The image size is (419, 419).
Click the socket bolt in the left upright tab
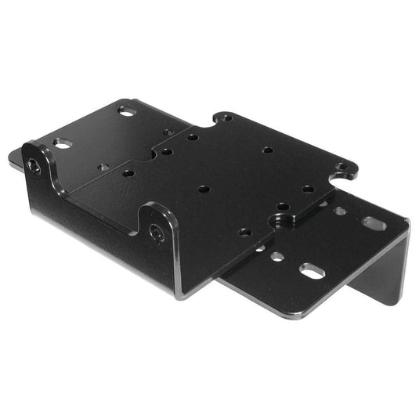[x=34, y=166]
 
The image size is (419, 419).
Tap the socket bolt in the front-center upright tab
[x=157, y=233]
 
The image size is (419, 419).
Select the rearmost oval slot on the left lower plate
[x=127, y=112]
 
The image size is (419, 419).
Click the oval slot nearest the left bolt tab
[x=63, y=144]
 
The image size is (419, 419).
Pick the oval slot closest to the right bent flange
[x=374, y=223]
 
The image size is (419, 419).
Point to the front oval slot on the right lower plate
[x=311, y=272]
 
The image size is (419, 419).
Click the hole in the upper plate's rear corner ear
[x=226, y=117]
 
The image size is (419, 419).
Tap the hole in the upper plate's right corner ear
[x=341, y=167]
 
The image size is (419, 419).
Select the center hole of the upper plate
[x=204, y=189]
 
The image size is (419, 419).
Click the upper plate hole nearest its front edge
[x=245, y=232]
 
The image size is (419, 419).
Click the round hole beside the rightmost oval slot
[x=341, y=211]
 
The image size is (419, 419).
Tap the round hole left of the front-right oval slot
[x=277, y=256]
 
